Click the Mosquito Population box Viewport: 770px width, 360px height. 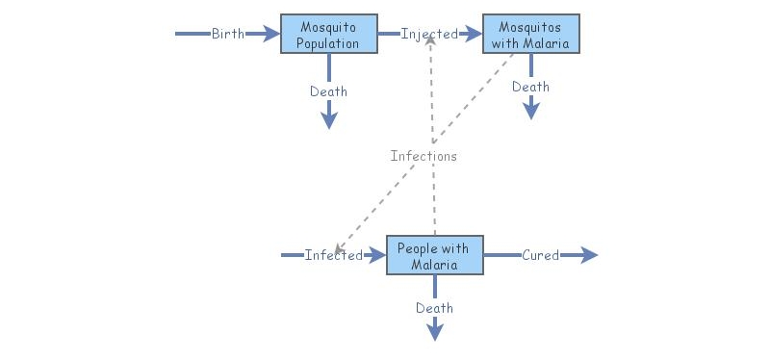(328, 34)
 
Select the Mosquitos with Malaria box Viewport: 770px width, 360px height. (531, 34)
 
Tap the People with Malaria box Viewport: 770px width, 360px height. (434, 255)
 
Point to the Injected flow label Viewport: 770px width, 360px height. (429, 34)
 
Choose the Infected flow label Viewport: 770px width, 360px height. (333, 255)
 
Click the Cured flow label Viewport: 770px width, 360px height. (540, 255)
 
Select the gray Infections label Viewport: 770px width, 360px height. (423, 156)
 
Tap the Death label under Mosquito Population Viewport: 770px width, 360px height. (328, 91)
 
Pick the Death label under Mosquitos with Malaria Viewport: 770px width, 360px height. (530, 87)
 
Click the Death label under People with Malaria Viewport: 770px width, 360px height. (434, 308)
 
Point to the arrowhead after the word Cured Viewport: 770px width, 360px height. (589, 255)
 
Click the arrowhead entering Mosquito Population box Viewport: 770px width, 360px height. (271, 34)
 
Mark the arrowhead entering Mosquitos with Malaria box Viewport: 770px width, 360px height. (474, 34)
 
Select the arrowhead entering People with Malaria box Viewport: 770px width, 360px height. (377, 255)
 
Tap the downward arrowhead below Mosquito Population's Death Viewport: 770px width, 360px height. (328, 120)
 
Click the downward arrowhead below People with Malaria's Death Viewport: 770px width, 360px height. (434, 332)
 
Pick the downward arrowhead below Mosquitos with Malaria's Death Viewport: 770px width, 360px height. (530, 112)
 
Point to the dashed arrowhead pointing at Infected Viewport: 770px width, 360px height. (339, 248)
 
